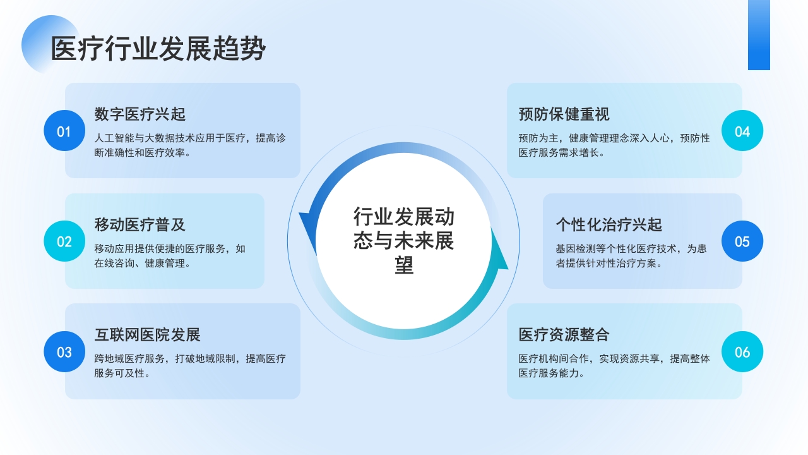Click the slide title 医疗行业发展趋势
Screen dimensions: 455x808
[x=158, y=49]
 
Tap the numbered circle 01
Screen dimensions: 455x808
[x=64, y=131]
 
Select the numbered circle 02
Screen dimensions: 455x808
[x=64, y=241]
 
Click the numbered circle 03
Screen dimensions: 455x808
[x=64, y=351]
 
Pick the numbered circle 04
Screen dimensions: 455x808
[x=742, y=131]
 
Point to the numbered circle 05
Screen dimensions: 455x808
[x=742, y=241]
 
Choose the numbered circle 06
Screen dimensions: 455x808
[x=742, y=351]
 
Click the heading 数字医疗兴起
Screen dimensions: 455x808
[x=140, y=114]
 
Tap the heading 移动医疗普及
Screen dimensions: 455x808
[x=140, y=224]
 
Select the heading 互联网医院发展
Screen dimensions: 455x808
[x=148, y=334]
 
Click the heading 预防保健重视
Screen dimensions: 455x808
[x=564, y=114]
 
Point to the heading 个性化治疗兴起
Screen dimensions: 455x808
[x=609, y=224]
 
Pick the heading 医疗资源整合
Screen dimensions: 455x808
[x=564, y=334]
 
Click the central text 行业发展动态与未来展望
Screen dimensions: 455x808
[x=404, y=241]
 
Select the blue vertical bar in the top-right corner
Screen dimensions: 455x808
[x=759, y=35]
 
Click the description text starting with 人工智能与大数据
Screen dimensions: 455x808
[x=190, y=145]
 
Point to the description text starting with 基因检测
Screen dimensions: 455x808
[x=631, y=255]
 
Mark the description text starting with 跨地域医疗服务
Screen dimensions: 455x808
[x=190, y=365]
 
